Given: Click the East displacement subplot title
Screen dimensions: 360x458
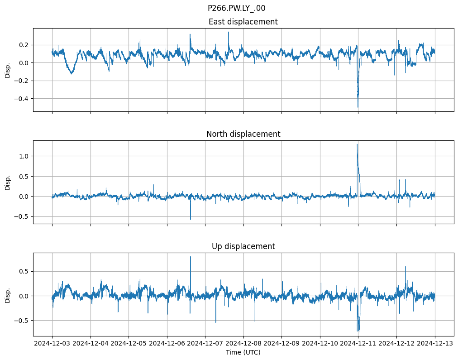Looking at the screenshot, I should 243,22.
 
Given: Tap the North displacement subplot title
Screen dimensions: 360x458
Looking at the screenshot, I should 243,134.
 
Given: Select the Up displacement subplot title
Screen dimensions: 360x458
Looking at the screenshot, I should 243,246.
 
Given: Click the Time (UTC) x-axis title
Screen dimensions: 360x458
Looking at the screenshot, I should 243,352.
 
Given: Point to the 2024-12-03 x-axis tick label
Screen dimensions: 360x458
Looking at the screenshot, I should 52,344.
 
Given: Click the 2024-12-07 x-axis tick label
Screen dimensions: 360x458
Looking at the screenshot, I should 205,344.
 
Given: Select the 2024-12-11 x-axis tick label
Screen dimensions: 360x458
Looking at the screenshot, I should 358,344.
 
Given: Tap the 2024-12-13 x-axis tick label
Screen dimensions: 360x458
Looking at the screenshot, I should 435,344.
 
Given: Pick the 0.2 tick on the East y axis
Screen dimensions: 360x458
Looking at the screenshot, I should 23,45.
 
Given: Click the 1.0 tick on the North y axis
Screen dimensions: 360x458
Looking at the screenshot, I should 23,156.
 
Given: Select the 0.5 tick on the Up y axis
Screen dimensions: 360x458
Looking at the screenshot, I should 23,271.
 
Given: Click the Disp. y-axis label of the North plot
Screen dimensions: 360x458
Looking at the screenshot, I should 7,182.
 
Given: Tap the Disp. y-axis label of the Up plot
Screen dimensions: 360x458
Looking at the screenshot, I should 7,294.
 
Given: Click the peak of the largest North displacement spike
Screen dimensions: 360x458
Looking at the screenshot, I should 357,144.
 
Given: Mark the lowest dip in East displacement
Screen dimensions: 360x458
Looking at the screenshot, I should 358,107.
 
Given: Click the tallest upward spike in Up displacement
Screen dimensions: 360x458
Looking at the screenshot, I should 190,257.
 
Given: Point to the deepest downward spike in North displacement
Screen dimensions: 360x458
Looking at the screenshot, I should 190,220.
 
